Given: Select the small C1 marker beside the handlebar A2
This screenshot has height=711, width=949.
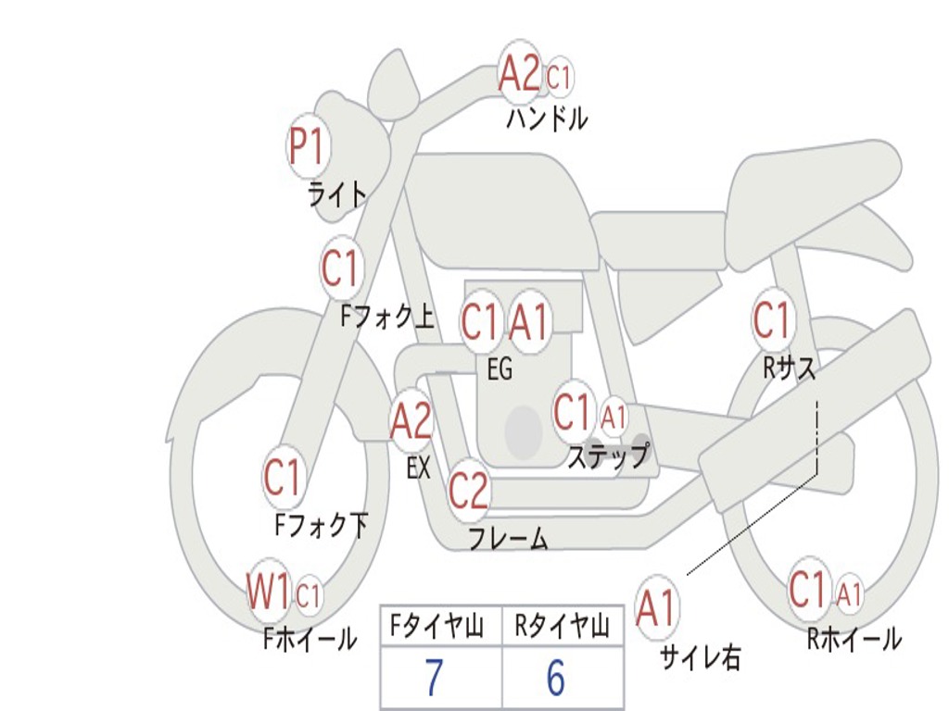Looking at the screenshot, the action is click(559, 79).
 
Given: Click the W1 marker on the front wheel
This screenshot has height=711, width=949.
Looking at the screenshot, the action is click(268, 592).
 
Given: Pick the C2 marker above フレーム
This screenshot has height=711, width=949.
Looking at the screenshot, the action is click(468, 490).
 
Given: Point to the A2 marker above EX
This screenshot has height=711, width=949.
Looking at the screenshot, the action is click(411, 421).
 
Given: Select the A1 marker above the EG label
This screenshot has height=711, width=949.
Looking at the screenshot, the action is click(530, 322).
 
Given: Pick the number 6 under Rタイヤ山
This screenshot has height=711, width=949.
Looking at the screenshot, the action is click(555, 678).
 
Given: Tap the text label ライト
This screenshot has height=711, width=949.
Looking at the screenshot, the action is click(337, 194).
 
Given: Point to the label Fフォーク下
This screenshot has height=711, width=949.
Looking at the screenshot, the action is click(321, 526).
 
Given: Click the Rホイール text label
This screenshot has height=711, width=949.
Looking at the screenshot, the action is click(854, 639).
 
